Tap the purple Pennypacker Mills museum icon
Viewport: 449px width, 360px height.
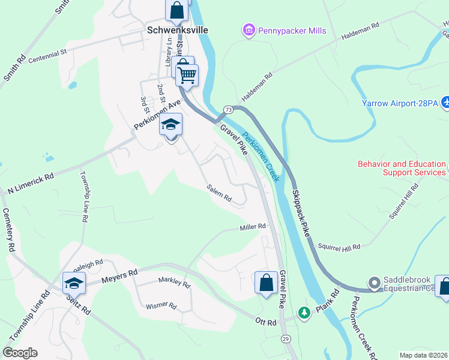(247, 29)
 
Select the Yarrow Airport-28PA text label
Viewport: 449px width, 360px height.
(400, 103)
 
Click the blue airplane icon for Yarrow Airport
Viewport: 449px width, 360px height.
(445, 103)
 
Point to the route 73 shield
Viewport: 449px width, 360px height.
(228, 109)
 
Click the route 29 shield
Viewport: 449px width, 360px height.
(286, 339)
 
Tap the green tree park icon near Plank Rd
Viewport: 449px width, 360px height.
(305, 312)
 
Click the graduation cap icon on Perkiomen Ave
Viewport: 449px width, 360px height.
(170, 126)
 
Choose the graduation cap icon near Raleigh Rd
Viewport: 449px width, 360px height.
(74, 283)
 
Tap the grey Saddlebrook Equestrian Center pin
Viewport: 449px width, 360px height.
(375, 282)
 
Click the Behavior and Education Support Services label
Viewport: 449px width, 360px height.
(402, 168)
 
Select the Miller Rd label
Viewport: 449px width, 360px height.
(253, 226)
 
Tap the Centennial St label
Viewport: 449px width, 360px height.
(47, 53)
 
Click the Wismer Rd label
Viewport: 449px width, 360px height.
(161, 305)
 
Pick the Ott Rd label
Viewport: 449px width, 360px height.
(264, 323)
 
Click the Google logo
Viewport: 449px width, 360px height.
(20, 353)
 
